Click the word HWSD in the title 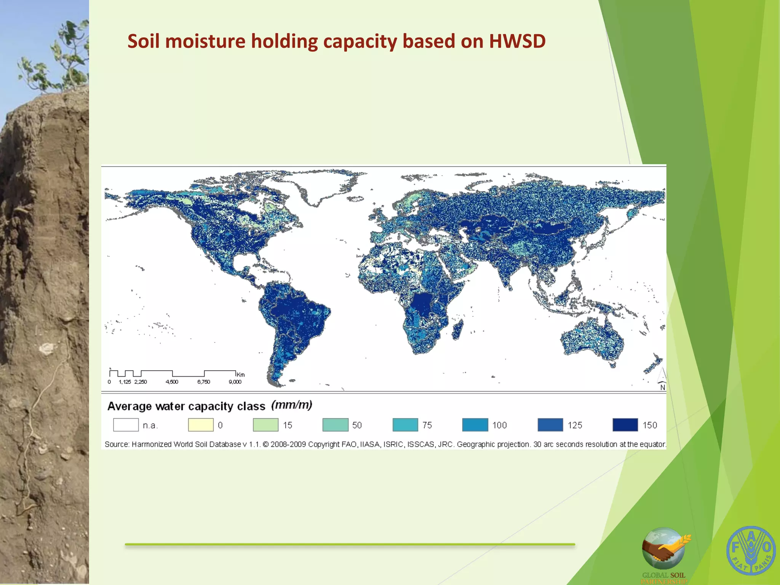517,41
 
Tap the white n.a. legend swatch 126,425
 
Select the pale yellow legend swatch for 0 201,425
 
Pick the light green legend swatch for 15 265,425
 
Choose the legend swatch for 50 335,425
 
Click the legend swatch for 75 405,425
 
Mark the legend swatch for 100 475,425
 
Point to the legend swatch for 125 550,425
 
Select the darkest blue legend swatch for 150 625,425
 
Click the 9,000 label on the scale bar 235,382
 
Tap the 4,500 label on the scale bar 172,382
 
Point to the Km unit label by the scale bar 241,374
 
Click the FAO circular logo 751,550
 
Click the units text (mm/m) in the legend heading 292,405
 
